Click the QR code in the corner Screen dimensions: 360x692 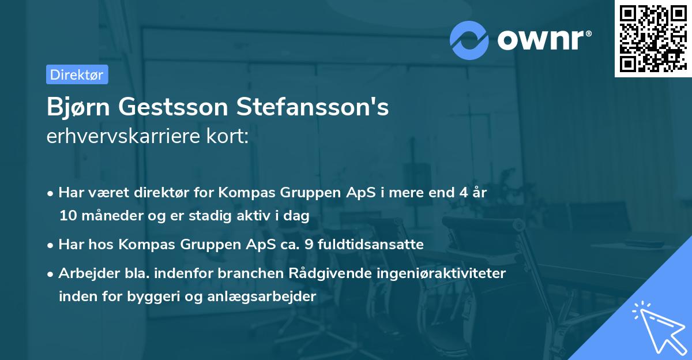click(652, 39)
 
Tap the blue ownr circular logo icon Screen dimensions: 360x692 click(470, 39)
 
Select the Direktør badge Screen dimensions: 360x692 click(77, 74)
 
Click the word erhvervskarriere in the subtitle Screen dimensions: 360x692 click(125, 136)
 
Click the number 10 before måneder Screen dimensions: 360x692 click(67, 216)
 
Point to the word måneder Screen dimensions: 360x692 click(108, 216)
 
